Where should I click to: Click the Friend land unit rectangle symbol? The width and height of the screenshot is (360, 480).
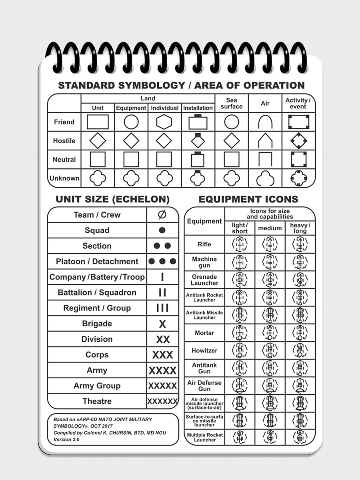(98, 122)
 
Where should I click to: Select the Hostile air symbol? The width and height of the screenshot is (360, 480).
(265, 141)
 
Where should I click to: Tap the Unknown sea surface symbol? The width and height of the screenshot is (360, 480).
(232, 178)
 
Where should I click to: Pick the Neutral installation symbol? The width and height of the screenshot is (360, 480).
(198, 159)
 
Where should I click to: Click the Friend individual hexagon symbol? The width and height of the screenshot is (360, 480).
(164, 122)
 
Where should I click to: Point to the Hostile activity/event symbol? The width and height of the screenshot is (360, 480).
(299, 141)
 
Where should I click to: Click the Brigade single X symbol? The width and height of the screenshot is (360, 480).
(162, 324)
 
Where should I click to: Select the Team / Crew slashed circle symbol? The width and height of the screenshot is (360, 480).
(162, 215)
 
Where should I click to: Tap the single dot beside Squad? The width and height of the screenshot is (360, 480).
(162, 230)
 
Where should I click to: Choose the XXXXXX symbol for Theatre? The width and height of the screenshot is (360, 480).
(162, 401)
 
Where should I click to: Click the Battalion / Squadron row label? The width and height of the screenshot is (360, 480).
(97, 293)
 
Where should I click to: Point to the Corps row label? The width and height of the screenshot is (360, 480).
(97, 355)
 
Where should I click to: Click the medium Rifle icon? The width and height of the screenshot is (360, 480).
(270, 244)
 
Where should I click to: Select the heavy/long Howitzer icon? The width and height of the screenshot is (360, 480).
(300, 351)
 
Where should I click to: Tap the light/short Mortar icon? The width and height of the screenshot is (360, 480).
(240, 333)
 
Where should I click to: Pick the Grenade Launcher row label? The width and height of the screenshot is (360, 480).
(204, 280)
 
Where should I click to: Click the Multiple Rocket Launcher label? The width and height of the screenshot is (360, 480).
(204, 437)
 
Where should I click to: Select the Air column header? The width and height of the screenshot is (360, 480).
(265, 103)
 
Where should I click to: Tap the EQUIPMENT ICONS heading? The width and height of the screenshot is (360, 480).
(248, 199)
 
